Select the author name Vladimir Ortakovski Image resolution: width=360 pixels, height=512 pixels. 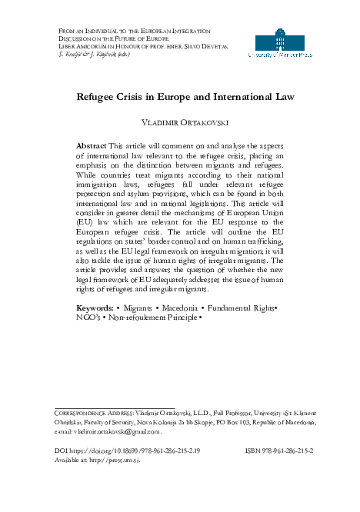point(179,123)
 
